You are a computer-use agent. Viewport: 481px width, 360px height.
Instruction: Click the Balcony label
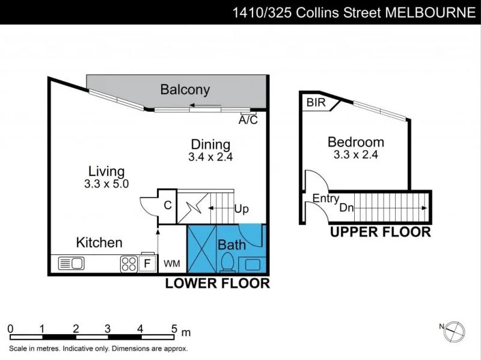185,90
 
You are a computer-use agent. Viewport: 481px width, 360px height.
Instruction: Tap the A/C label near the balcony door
248,120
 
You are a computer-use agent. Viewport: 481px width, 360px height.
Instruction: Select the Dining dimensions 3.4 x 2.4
210,157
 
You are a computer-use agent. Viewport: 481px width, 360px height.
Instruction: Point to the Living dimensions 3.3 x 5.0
106,184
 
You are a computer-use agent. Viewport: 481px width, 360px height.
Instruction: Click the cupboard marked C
168,206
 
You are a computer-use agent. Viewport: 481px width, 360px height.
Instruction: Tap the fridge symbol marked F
147,263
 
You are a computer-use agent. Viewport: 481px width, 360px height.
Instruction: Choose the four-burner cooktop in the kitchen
129,264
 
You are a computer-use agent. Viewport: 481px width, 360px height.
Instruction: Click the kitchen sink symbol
71,263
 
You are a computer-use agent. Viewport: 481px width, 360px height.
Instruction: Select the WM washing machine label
172,264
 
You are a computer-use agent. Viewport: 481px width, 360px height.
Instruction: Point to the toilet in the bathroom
228,263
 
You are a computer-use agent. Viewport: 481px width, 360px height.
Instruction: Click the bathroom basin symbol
252,264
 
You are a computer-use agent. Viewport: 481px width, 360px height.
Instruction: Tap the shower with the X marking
201,249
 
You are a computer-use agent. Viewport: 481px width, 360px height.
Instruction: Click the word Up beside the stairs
242,209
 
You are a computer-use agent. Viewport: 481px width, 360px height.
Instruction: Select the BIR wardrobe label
316,102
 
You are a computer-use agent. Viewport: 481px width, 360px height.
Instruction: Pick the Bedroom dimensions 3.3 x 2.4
356,154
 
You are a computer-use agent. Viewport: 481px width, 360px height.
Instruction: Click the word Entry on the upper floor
326,198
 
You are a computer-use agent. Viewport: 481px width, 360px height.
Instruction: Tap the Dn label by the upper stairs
347,208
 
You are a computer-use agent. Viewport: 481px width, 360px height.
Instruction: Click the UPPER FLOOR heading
381,232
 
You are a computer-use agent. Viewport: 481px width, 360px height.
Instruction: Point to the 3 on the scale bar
108,329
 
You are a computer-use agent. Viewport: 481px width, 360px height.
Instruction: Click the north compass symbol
455,332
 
